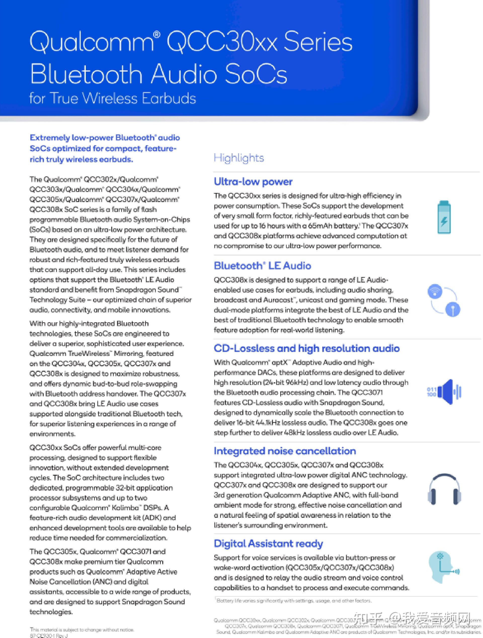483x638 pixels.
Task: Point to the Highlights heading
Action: [239, 158]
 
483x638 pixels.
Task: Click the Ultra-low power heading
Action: [253, 181]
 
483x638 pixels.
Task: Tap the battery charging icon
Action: [444, 217]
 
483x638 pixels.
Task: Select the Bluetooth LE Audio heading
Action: [262, 265]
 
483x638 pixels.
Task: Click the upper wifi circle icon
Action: [435, 291]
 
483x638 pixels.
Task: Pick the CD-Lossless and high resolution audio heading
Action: [306, 348]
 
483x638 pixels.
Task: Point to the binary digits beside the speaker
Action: [431, 392]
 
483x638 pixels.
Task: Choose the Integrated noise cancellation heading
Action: [285, 451]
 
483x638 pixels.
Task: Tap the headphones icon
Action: [444, 490]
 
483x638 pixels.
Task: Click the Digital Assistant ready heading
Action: [268, 543]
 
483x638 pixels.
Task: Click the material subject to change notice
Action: [82, 630]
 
